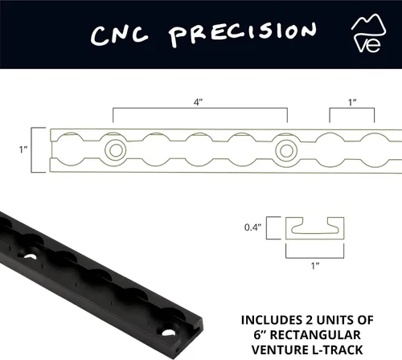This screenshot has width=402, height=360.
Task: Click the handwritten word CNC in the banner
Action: click(119, 35)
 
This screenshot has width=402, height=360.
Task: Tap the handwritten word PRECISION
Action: click(244, 34)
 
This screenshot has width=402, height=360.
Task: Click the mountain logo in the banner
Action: click(368, 33)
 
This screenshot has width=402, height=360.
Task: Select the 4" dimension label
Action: click(198, 102)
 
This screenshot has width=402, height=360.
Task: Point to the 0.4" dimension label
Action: click(252, 227)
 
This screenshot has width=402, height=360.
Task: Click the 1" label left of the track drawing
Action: click(23, 149)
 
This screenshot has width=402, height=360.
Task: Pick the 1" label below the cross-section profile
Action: click(315, 266)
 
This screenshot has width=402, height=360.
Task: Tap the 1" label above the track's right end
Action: click(352, 102)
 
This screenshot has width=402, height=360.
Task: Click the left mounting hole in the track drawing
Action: click(116, 149)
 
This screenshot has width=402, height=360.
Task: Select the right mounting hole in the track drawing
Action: click(286, 151)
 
